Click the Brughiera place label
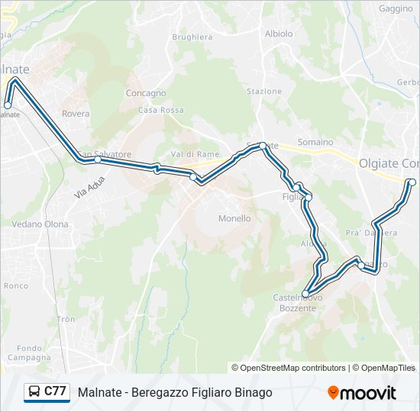pos(192,37)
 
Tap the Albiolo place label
pos(278,34)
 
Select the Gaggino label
pos(395,8)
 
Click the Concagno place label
pos(146,93)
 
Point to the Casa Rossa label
pos(161,110)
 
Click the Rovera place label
pos(76,114)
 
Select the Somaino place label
pos(315,142)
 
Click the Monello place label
pos(234,218)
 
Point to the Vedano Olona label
pos(40,224)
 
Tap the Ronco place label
pos(16,286)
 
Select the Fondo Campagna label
pos(30,352)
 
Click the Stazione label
pos(264,92)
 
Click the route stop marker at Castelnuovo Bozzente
pos(305,294)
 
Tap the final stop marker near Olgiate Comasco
pos(412,182)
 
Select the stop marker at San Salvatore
pos(98,159)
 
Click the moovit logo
pos(362,393)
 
